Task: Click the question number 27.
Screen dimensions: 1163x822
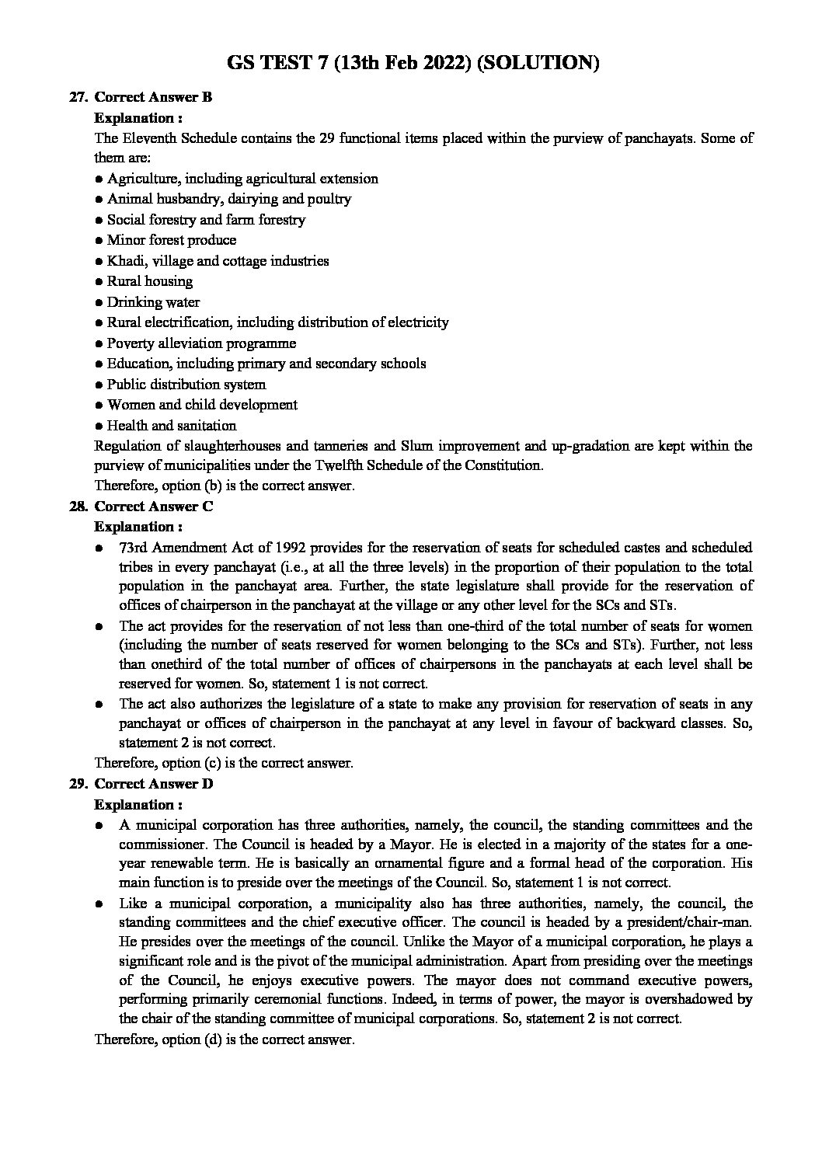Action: [77, 97]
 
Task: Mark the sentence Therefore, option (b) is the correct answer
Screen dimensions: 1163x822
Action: [224, 486]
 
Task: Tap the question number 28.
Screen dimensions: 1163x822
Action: [77, 507]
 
